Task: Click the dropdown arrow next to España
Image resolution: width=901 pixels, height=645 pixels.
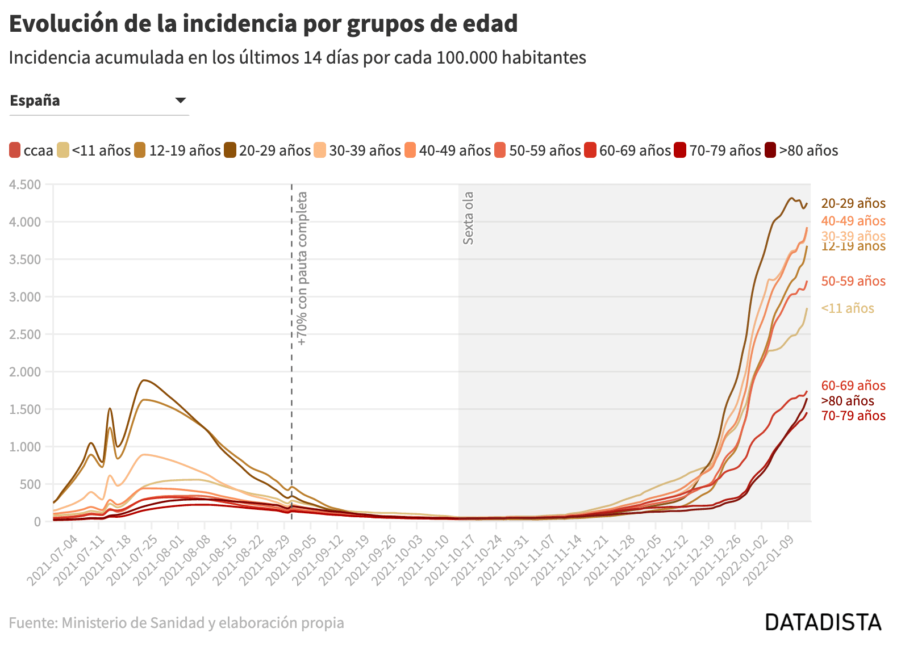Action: pyautogui.click(x=181, y=100)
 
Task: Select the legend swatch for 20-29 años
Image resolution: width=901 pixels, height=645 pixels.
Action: pyautogui.click(x=230, y=150)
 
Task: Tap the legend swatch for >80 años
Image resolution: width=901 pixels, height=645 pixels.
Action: pyautogui.click(x=770, y=150)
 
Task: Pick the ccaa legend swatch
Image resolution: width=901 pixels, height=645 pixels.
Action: pyautogui.click(x=15, y=150)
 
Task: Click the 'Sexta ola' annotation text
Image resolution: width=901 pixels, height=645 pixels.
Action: pyautogui.click(x=468, y=218)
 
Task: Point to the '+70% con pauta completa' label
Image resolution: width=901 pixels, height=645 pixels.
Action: pyautogui.click(x=302, y=269)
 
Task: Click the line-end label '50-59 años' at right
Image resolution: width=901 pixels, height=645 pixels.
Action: pyautogui.click(x=853, y=281)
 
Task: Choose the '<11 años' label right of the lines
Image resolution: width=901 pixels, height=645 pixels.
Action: pyautogui.click(x=848, y=308)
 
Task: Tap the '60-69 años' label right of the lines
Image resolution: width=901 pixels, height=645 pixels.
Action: pyautogui.click(x=853, y=386)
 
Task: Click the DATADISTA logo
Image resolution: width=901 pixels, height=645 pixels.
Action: pyautogui.click(x=823, y=622)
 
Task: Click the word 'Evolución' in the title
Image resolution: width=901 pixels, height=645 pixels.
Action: pyautogui.click(x=64, y=24)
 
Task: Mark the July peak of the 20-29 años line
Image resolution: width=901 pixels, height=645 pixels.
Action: pyautogui.click(x=145, y=380)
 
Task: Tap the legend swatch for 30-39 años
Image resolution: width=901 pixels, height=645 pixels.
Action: pyautogui.click(x=320, y=150)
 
